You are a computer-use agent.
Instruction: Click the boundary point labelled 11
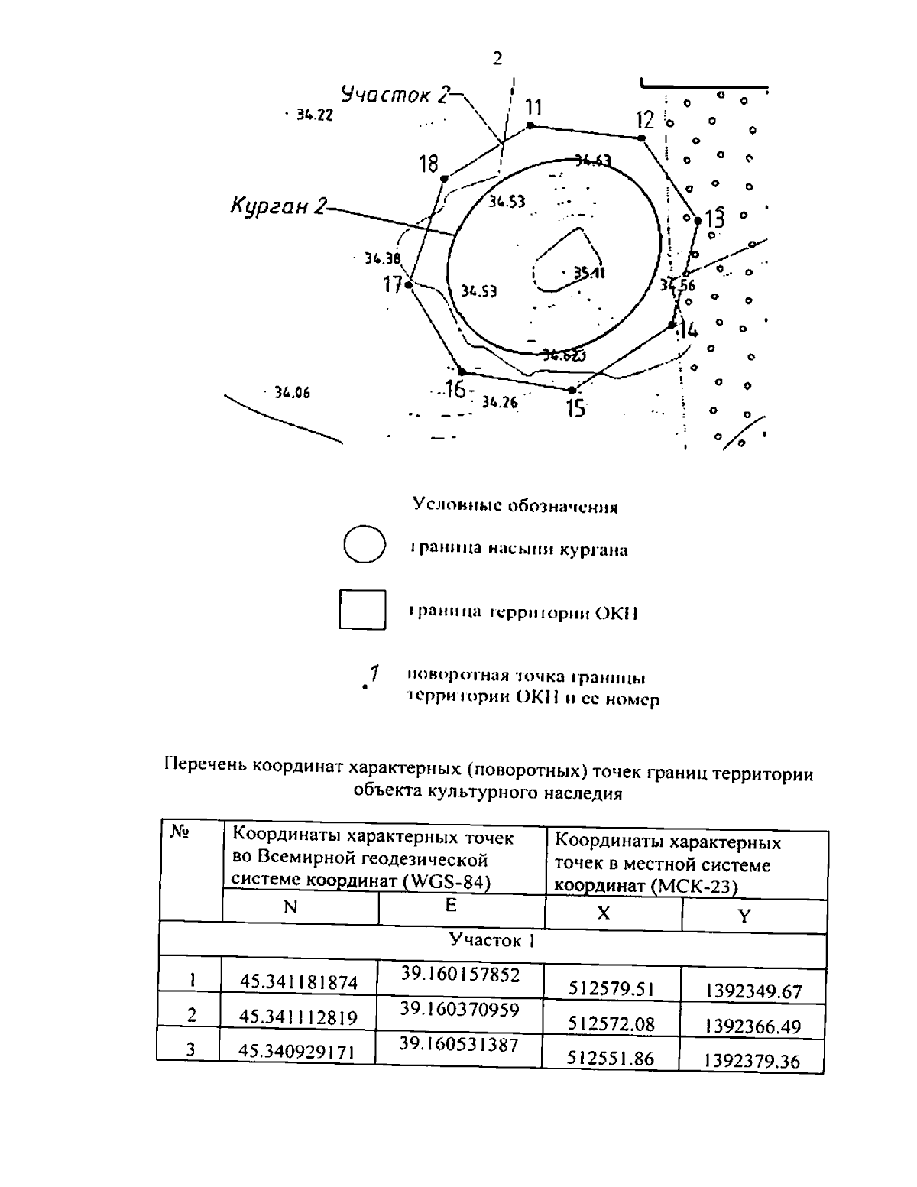click(x=530, y=126)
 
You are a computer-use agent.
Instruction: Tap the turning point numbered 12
click(x=641, y=138)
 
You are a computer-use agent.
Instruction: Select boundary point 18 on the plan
click(x=444, y=179)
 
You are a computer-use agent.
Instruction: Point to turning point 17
click(x=409, y=285)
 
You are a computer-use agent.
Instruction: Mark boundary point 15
click(x=572, y=390)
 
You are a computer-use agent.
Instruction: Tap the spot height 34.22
click(x=314, y=115)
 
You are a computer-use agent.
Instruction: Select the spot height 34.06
click(x=292, y=393)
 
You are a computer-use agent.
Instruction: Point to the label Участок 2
click(x=395, y=96)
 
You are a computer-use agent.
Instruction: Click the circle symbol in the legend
click(x=364, y=545)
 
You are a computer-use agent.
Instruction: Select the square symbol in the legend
click(x=362, y=609)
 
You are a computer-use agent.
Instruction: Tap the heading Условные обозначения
click(x=514, y=506)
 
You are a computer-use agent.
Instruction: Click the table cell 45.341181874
click(x=299, y=982)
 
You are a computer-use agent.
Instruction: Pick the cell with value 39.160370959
click(x=460, y=1010)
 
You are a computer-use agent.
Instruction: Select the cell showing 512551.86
click(x=611, y=1059)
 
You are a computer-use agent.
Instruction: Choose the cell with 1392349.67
click(x=753, y=992)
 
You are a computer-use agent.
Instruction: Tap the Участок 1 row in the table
click(x=491, y=940)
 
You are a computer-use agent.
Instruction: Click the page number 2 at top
click(x=497, y=59)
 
